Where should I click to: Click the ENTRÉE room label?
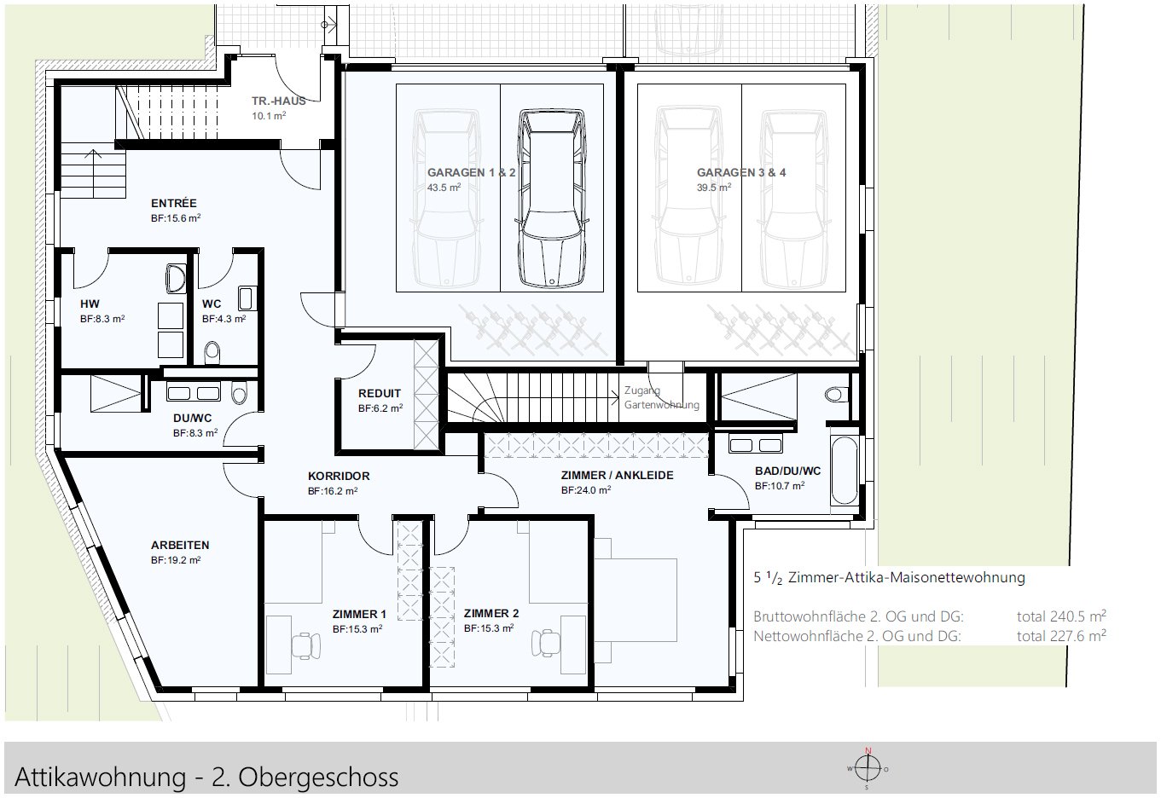174,203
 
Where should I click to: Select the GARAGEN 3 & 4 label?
741,172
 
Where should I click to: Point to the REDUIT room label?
380,394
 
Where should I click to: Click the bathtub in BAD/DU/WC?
845,471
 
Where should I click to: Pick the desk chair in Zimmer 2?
543,641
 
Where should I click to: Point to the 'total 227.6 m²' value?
1061,635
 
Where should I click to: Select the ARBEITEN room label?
180,545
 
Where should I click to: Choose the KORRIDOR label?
339,476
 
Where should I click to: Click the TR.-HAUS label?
278,101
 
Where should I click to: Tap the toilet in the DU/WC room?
239,394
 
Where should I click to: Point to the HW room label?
90,304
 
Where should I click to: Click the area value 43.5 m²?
444,188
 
